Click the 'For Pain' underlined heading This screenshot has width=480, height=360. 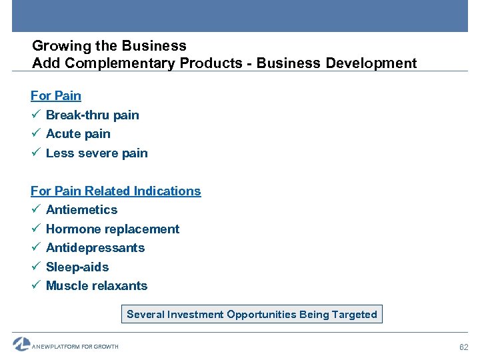tap(56, 96)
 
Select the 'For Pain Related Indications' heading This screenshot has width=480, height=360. tap(115, 191)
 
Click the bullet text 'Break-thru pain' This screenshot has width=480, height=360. tap(92, 115)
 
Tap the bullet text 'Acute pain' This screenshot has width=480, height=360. tap(78, 134)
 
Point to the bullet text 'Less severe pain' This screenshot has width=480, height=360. tap(97, 153)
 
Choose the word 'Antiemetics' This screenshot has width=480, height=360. tap(81, 210)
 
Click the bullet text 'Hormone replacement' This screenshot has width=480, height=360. tap(113, 229)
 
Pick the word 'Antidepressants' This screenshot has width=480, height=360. tap(95, 248)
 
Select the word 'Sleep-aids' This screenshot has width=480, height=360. tap(77, 267)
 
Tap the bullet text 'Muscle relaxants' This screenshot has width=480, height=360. tap(97, 286)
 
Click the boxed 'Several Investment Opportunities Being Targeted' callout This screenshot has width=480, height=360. tap(252, 314)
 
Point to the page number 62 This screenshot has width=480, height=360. tap(465, 347)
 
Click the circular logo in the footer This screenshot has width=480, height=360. tap(21, 344)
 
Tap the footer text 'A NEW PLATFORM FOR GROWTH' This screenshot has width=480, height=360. tap(75, 347)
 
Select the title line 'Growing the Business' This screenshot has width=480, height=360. tap(109, 46)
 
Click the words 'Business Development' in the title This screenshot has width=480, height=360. tap(337, 63)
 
